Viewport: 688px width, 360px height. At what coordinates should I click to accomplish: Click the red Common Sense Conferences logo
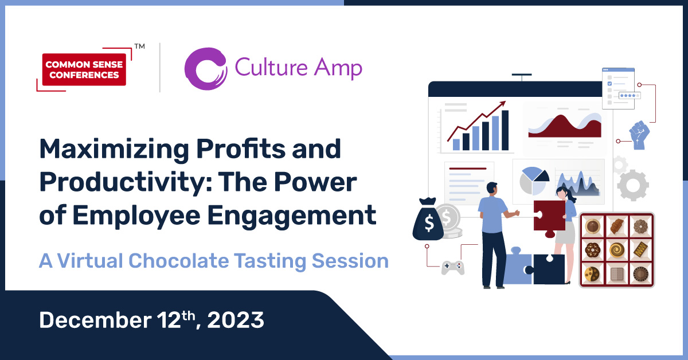pyautogui.click(x=84, y=69)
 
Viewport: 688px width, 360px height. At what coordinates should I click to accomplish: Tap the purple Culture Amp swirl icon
pyautogui.click(x=205, y=69)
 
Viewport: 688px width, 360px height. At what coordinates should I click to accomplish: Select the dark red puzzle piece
pyautogui.click(x=549, y=215)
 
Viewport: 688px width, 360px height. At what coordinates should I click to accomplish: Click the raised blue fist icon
pyautogui.click(x=639, y=135)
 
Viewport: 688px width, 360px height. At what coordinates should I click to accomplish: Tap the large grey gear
pyautogui.click(x=633, y=185)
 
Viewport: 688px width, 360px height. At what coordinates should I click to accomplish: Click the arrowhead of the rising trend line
pyautogui.click(x=503, y=104)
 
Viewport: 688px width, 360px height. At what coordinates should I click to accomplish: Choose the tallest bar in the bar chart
pyautogui.click(x=505, y=130)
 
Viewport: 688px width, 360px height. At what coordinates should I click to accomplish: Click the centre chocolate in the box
pyautogui.click(x=617, y=250)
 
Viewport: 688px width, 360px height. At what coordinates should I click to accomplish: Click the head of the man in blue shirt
pyautogui.click(x=492, y=189)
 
